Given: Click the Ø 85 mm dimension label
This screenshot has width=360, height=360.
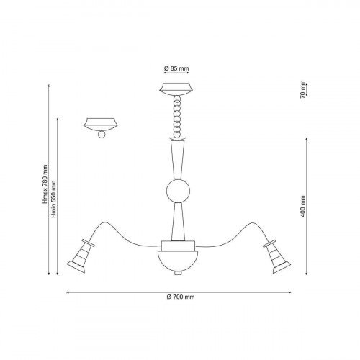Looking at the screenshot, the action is pos(176,68).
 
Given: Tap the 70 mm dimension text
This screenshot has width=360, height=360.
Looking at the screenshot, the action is pos(302,89).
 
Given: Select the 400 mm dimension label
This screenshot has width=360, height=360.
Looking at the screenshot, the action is pos(302,207).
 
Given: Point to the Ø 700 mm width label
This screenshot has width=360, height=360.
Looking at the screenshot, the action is pos(181,297).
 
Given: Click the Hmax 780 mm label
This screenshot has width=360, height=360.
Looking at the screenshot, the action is pos(45,184).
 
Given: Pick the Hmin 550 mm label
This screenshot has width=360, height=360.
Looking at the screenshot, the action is pos(54,199).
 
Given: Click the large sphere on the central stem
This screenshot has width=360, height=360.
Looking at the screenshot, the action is pos(178,191).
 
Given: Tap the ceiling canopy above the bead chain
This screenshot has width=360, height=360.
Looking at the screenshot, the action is pos(176,89).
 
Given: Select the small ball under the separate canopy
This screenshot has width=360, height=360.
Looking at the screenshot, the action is pos(102,135).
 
